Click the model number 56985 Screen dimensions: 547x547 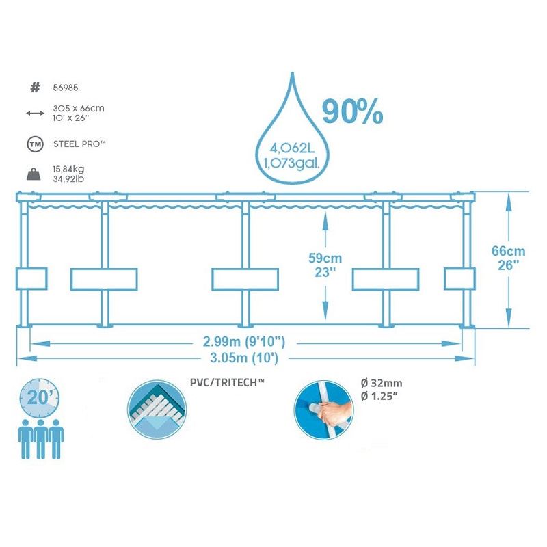point(66,88)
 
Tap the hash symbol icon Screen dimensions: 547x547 point(36,88)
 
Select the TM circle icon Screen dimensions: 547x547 point(36,144)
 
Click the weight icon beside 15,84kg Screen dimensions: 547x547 point(34,174)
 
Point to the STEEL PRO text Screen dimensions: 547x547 point(79,144)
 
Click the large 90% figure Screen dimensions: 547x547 point(352,111)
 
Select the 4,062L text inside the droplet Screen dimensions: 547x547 point(293,148)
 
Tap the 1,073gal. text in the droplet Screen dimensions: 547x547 point(292,163)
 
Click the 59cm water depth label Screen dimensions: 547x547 point(325,258)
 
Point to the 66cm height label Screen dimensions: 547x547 point(508,251)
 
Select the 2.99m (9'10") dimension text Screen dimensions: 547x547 point(244,342)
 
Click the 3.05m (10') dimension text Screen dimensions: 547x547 point(244,358)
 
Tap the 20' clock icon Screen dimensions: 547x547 point(40,398)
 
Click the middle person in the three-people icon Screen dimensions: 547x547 point(41,439)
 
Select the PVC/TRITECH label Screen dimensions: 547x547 point(227,383)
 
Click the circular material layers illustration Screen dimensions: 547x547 point(157,410)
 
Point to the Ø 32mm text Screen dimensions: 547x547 point(382,384)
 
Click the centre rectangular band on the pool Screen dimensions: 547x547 point(245,279)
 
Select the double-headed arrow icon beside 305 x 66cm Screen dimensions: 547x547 point(36,113)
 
